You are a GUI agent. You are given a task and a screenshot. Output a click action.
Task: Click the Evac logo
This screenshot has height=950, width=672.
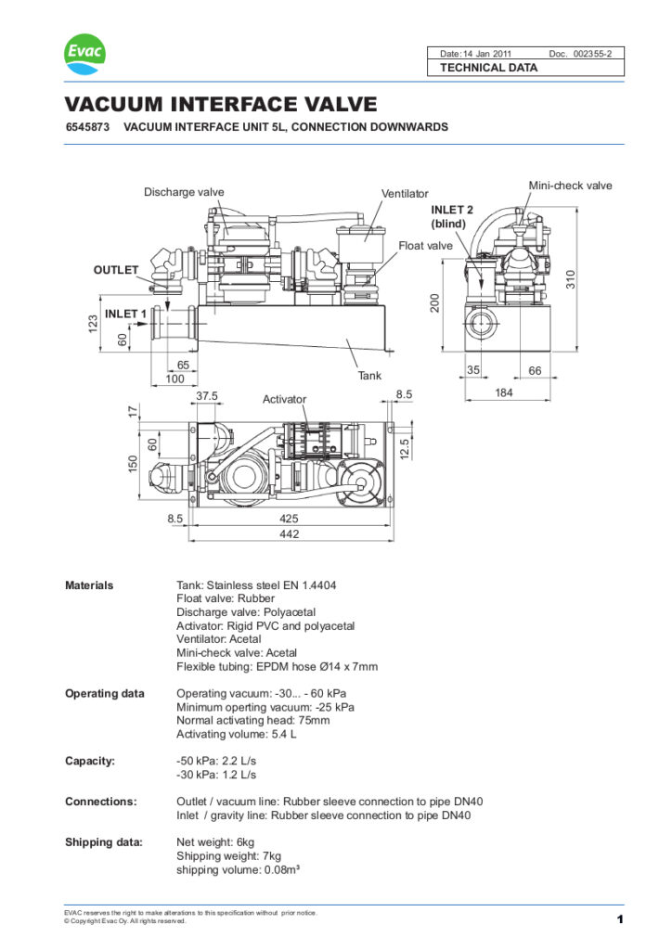85,55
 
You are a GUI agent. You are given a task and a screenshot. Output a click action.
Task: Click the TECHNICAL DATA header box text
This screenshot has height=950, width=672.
488,68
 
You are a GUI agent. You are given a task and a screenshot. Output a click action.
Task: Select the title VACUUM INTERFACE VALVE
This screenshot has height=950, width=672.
220,104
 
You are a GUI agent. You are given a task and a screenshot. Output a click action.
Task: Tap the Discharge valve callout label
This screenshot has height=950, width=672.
184,192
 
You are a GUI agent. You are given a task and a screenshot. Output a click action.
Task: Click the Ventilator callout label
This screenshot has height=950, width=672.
405,194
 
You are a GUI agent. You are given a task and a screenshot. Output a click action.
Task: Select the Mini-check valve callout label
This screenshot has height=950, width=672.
570,186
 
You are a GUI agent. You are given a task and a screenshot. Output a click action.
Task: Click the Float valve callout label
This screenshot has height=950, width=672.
425,246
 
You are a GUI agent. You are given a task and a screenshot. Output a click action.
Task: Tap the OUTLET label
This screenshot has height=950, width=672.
115,270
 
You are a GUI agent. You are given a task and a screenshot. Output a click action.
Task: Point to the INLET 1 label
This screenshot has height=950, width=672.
125,315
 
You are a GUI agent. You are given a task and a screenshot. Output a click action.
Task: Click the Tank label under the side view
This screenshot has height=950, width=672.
370,376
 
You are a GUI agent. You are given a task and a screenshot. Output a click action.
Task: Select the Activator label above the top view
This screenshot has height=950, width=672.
284,399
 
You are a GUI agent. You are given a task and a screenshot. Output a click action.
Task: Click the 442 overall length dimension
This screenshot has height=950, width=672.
289,534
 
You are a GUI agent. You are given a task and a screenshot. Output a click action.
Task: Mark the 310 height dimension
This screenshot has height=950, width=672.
573,278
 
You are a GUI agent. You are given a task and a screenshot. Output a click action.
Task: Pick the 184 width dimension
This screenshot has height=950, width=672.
504,392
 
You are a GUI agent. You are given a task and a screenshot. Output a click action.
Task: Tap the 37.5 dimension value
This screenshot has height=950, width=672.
207,395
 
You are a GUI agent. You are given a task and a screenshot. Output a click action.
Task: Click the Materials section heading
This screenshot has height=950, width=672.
89,585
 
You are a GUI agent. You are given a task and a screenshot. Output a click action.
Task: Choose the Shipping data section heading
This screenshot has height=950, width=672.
103,841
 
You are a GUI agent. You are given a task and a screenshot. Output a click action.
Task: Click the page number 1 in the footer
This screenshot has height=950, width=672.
619,918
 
